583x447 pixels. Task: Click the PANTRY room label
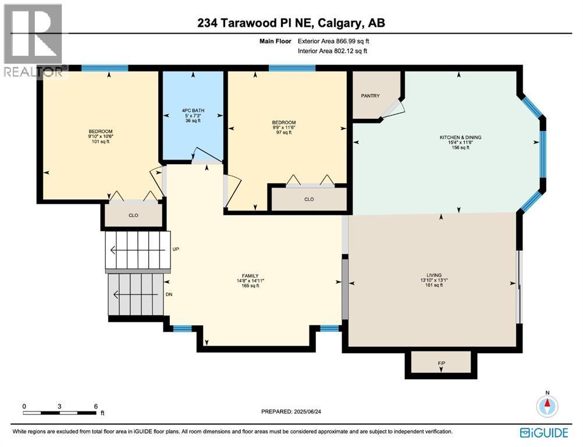[x=370, y=96]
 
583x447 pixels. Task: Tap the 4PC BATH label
[x=193, y=111]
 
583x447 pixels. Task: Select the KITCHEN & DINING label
[x=460, y=137]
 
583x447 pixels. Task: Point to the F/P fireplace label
[x=442, y=363]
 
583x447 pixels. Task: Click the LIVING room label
[x=434, y=275]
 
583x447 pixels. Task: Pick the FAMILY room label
[x=250, y=276]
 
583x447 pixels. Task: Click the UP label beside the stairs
[x=176, y=249]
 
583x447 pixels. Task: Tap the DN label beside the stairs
[x=169, y=294]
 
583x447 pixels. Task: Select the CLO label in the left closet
[x=133, y=215]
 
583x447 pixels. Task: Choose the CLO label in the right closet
[x=309, y=199]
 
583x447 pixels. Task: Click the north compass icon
[x=548, y=405]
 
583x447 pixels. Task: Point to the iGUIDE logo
[x=545, y=433]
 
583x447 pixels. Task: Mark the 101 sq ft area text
[x=101, y=141]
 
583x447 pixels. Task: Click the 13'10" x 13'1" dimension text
[x=434, y=281]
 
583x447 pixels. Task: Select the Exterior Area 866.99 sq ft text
[x=333, y=41]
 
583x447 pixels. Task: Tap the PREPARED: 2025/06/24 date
[x=291, y=411]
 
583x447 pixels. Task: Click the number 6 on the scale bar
[x=95, y=406]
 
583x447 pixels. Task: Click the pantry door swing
[x=392, y=109]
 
